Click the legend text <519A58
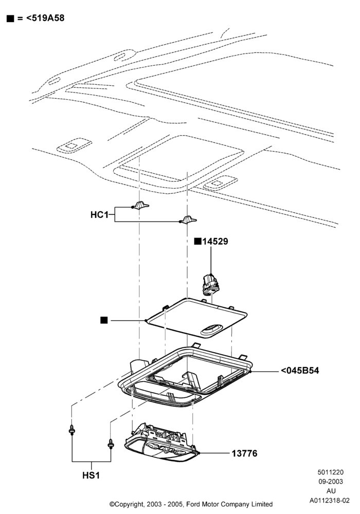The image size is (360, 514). click(45, 18)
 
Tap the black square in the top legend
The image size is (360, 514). click(10, 19)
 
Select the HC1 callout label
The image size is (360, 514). click(99, 215)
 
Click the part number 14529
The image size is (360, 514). click(215, 241)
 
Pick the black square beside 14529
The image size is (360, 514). click(197, 241)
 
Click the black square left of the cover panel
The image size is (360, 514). click(104, 320)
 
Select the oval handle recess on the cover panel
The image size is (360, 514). click(211, 330)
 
